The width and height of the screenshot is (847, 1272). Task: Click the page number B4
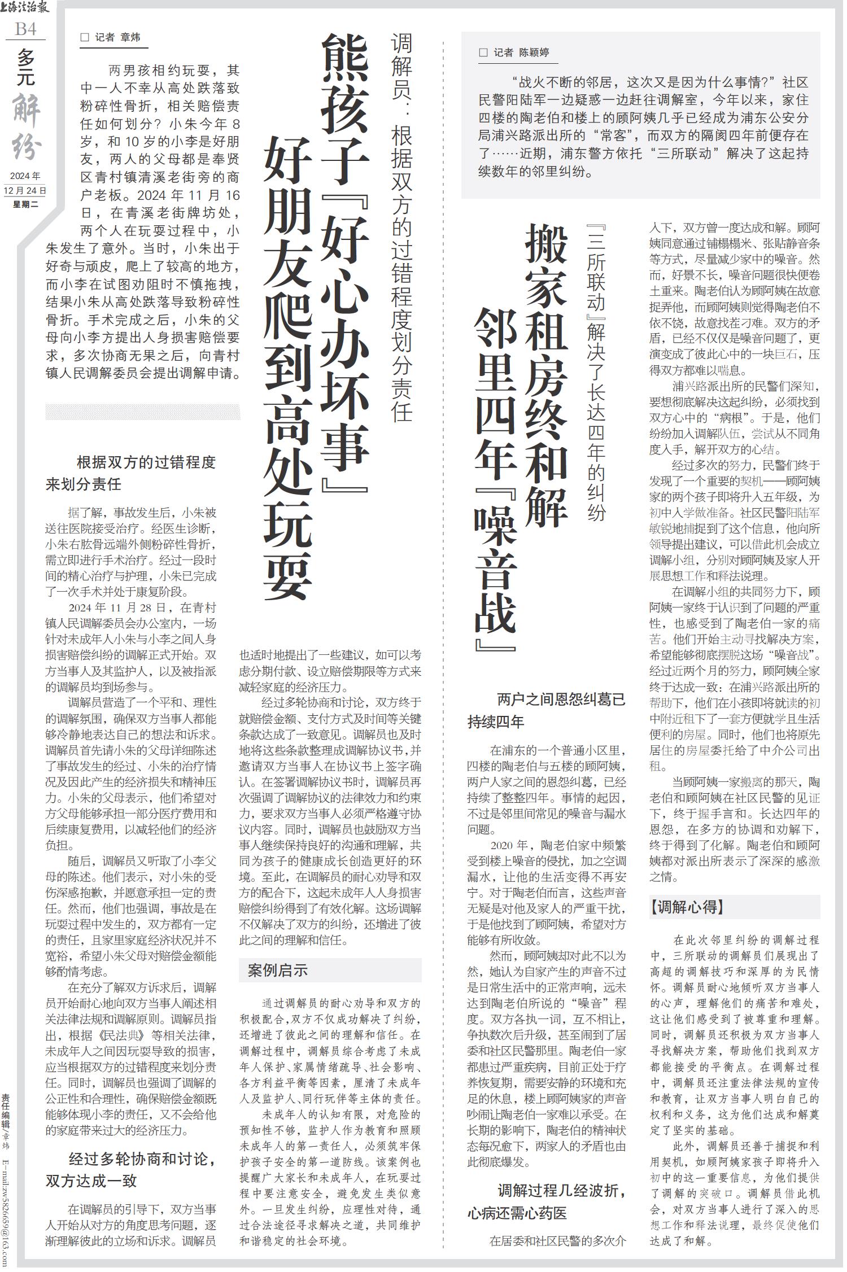click(26, 29)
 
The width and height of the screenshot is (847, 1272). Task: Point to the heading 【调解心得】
click(687, 907)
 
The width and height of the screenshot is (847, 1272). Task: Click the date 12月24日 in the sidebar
click(25, 190)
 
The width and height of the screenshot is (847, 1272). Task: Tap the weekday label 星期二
click(25, 204)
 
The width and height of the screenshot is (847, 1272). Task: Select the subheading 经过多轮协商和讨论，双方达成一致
click(131, 1165)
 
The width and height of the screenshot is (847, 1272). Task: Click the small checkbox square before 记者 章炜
click(85, 38)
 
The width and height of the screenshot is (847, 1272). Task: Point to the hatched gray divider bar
click(143, 412)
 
